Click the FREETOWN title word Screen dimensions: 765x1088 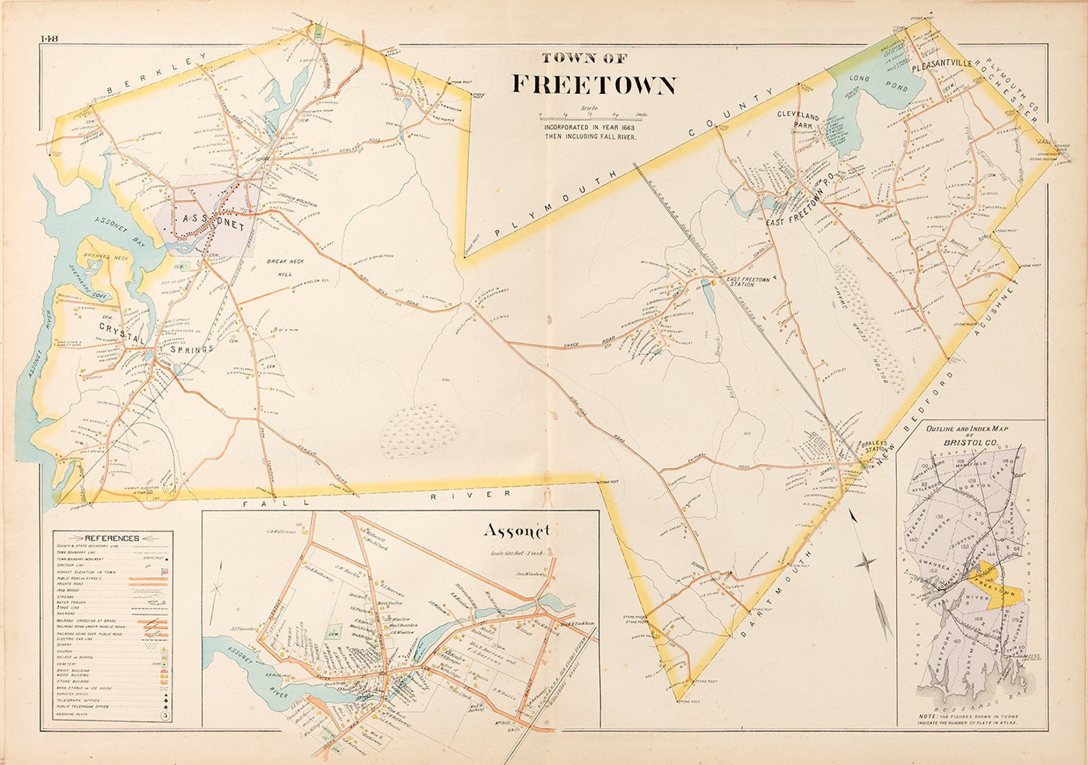pos(594,85)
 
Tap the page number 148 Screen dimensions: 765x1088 pos(49,38)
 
